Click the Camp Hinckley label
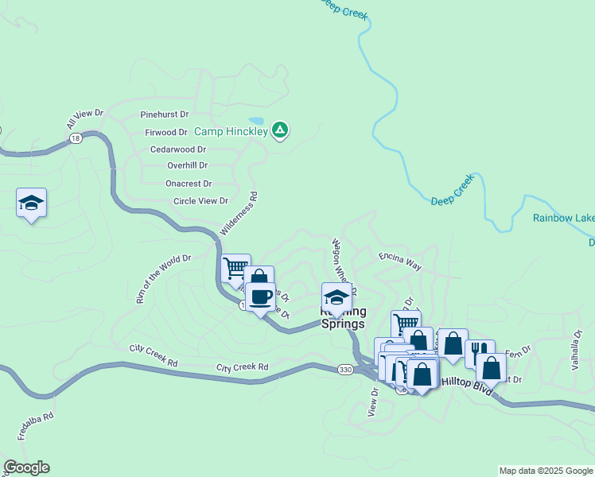(231, 131)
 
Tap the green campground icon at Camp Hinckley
(280, 130)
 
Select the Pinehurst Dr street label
(164, 114)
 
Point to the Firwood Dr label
(166, 132)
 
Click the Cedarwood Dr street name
(178, 149)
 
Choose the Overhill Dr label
(187, 165)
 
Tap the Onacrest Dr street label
(188, 183)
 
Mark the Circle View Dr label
(200, 201)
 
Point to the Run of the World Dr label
(163, 279)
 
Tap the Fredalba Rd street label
(36, 427)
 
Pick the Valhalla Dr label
(578, 347)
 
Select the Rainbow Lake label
(563, 218)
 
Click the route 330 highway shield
(344, 370)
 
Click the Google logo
(26, 467)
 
